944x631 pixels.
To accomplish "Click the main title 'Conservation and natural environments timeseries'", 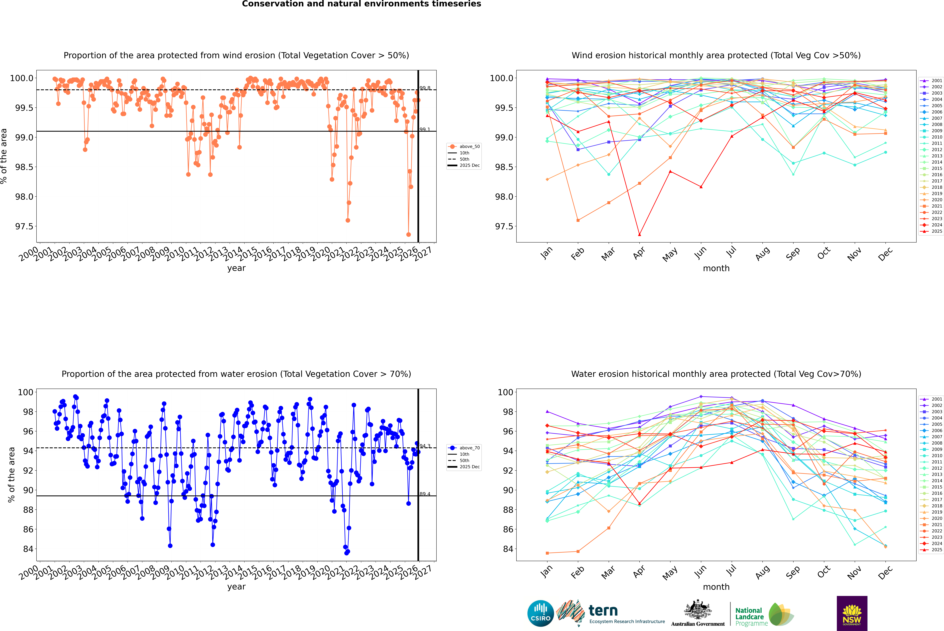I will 361,4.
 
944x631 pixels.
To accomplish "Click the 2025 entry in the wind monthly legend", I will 936,231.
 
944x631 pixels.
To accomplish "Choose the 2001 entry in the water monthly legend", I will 936,399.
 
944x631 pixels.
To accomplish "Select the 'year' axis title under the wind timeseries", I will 236,268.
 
